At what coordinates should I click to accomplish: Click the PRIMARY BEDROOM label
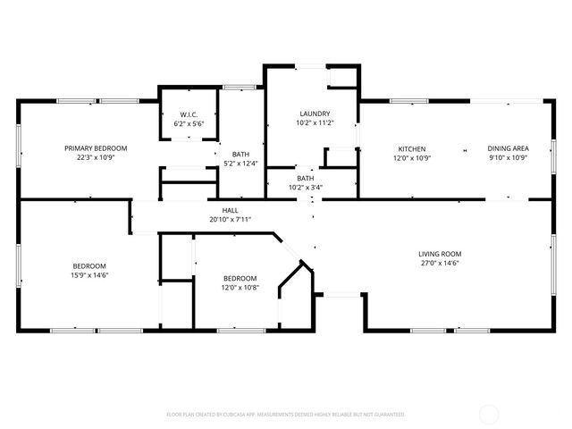point(95,147)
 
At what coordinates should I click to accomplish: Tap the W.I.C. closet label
point(189,114)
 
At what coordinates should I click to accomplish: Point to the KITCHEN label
point(411,148)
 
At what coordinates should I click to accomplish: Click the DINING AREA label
point(507,148)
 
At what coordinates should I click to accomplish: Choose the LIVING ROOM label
point(439,254)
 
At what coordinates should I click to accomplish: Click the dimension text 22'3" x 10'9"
point(95,157)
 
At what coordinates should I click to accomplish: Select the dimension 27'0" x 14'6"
point(439,264)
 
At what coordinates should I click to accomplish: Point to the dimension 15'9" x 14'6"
point(89,275)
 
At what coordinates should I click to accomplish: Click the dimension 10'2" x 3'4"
point(306,188)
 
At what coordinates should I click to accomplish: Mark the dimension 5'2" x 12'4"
point(240,163)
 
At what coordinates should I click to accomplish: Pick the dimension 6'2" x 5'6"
point(189,123)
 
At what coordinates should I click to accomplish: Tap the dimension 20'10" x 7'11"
point(230,219)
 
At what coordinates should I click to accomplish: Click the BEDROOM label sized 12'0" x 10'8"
point(240,277)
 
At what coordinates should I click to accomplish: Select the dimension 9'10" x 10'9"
point(507,158)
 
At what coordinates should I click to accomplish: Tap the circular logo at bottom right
point(490,414)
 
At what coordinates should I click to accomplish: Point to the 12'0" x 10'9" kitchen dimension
point(411,158)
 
